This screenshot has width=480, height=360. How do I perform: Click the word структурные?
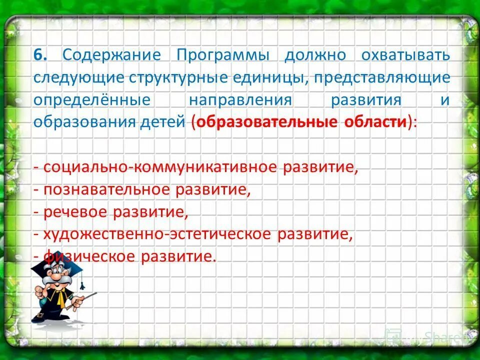pos(178,77)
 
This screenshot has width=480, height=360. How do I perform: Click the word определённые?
pos(92,99)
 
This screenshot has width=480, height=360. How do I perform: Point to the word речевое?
pos(75,212)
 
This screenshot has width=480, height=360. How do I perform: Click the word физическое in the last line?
pos(90,257)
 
